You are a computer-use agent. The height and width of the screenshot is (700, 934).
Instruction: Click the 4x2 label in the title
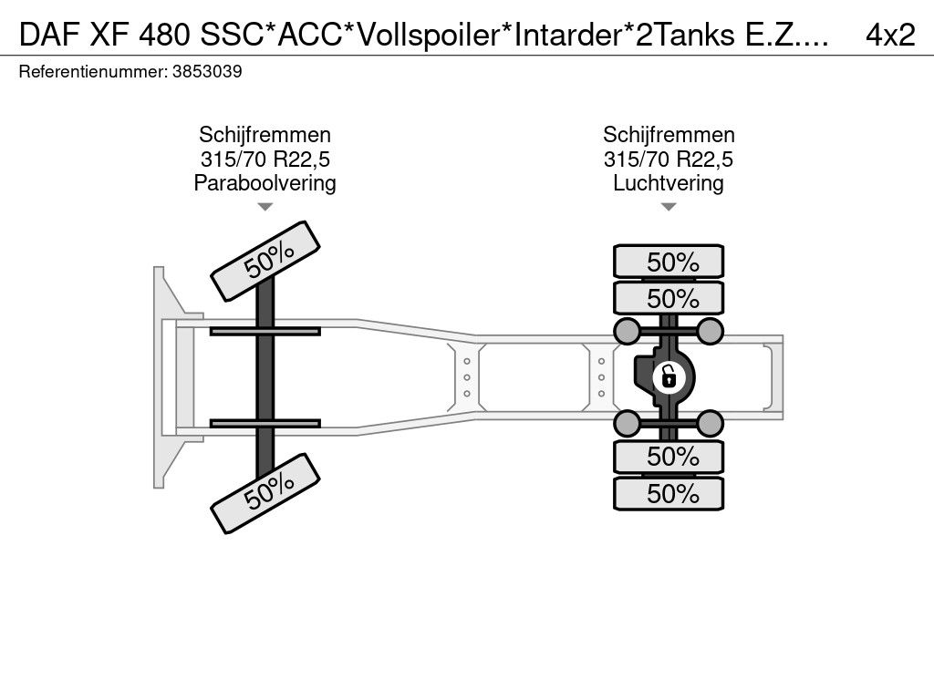(x=889, y=34)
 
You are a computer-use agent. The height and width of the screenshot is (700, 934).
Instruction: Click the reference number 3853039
(x=207, y=72)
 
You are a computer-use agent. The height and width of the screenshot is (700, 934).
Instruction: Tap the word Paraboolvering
(x=265, y=183)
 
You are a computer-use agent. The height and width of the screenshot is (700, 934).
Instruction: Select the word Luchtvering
(x=669, y=183)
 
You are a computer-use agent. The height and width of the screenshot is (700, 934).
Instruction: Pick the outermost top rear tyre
(x=669, y=262)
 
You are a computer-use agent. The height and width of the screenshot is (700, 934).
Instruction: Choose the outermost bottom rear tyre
(x=669, y=494)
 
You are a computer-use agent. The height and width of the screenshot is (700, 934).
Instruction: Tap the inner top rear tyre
(x=669, y=298)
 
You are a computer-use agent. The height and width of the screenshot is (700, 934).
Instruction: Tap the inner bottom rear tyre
(x=669, y=456)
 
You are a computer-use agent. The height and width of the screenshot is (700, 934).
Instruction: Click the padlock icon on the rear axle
(x=669, y=375)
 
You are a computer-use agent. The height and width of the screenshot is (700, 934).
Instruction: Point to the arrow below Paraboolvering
(x=265, y=207)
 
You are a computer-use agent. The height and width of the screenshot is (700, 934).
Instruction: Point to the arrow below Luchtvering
(x=669, y=207)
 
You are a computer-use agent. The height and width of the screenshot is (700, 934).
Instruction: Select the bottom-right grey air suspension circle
(x=711, y=423)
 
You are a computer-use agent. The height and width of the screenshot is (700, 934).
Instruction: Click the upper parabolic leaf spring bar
(x=265, y=331)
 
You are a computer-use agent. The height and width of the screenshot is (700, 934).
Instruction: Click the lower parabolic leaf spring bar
(x=265, y=423)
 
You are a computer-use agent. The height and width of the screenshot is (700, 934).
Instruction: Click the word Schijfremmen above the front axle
(x=265, y=136)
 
